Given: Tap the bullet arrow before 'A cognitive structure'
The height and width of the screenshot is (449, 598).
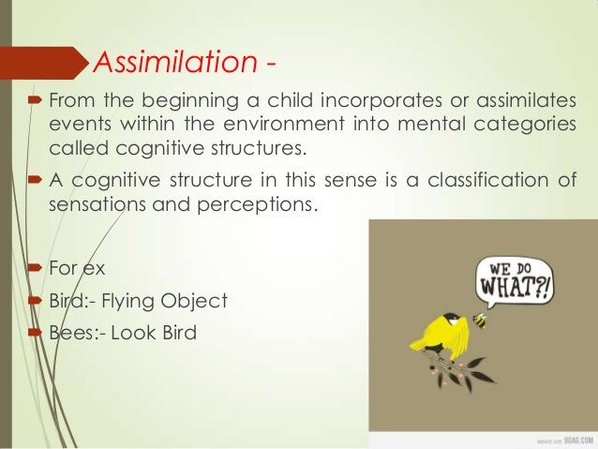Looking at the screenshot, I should (x=36, y=180).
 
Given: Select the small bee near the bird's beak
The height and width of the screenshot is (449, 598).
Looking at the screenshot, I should (x=480, y=322).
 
